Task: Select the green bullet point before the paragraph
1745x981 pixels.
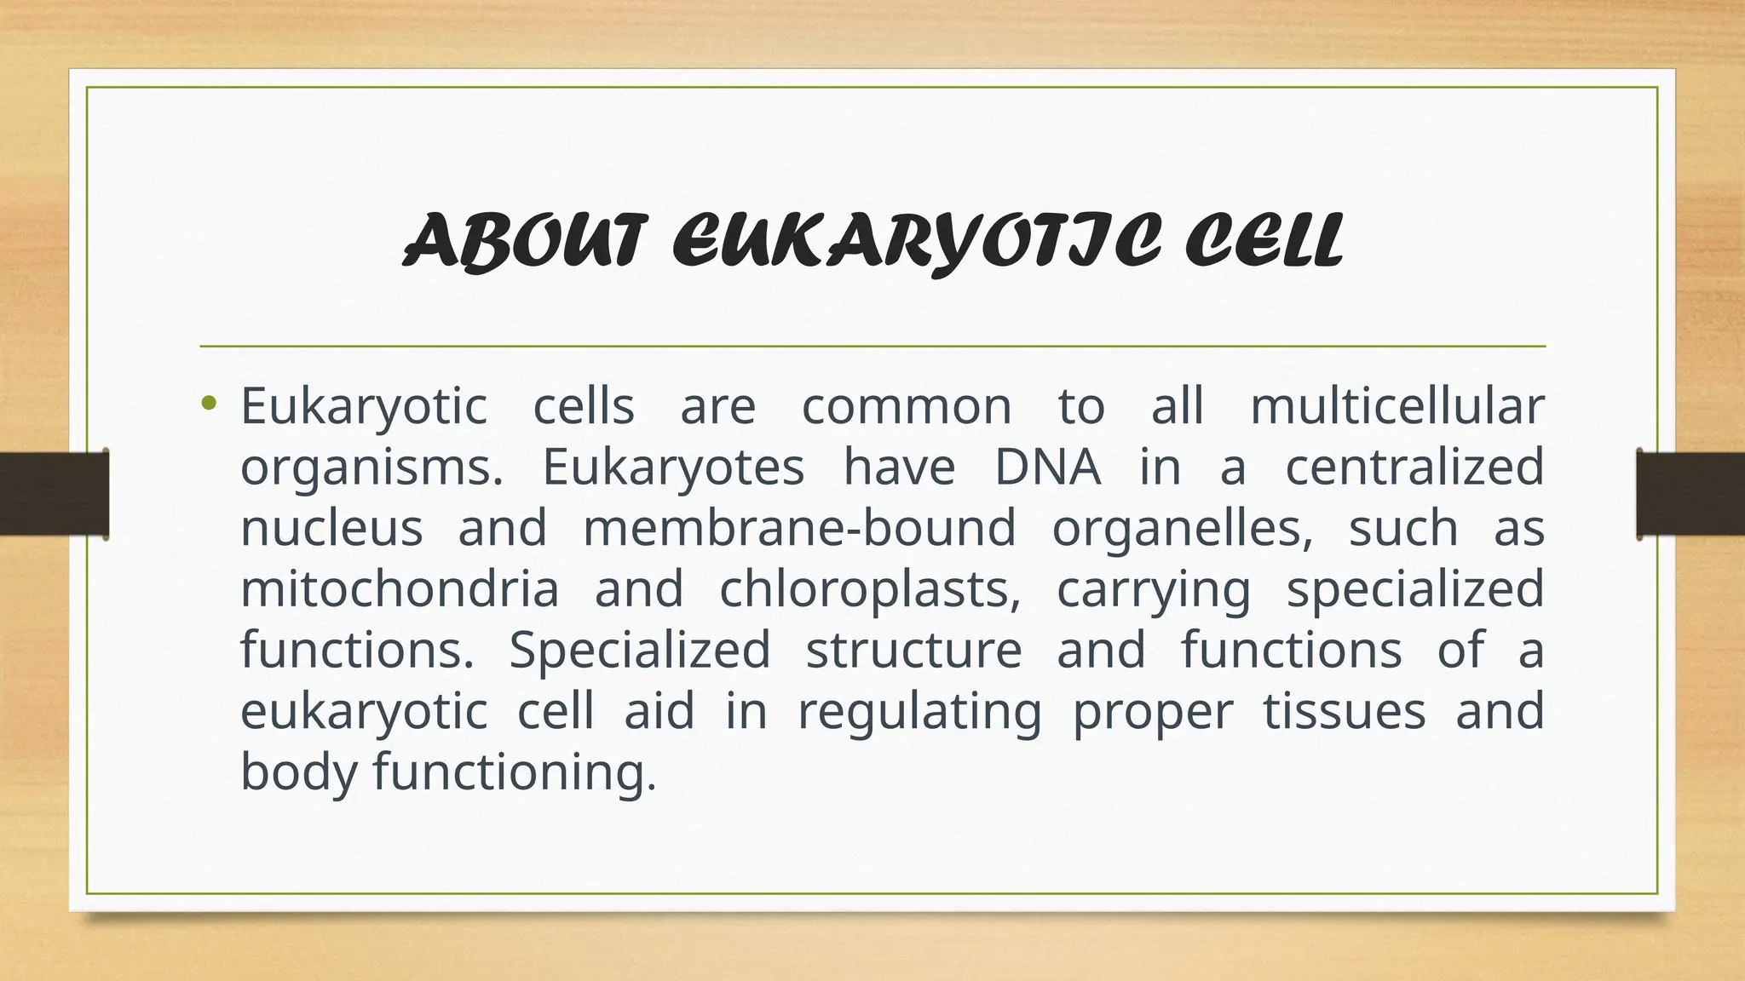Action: [210, 403]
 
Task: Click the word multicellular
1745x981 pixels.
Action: [1397, 405]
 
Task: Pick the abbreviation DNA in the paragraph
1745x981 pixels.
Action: [1047, 467]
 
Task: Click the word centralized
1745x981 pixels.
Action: [1414, 467]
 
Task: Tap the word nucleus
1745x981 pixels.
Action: [331, 527]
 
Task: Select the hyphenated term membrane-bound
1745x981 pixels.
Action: [799, 527]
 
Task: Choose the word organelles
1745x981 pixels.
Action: [1183, 527]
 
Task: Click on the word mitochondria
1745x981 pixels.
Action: [400, 588]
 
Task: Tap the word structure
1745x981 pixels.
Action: [913, 650]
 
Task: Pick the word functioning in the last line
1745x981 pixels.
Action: [515, 772]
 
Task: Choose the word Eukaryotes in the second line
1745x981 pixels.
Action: [673, 467]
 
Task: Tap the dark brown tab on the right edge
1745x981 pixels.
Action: [1690, 494]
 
